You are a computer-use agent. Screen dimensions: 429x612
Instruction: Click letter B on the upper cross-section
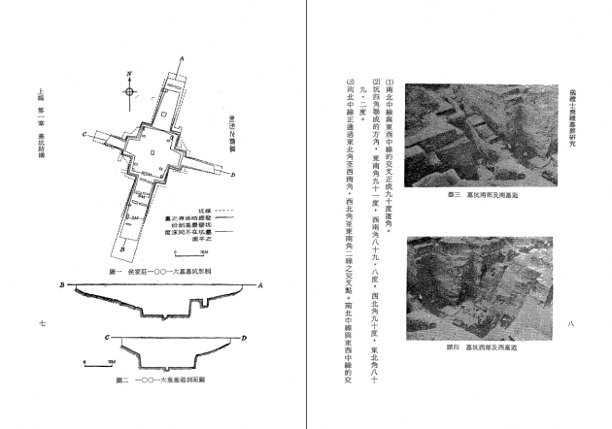[x=61, y=287]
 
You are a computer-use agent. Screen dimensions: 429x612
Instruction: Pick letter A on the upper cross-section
[x=260, y=286]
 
